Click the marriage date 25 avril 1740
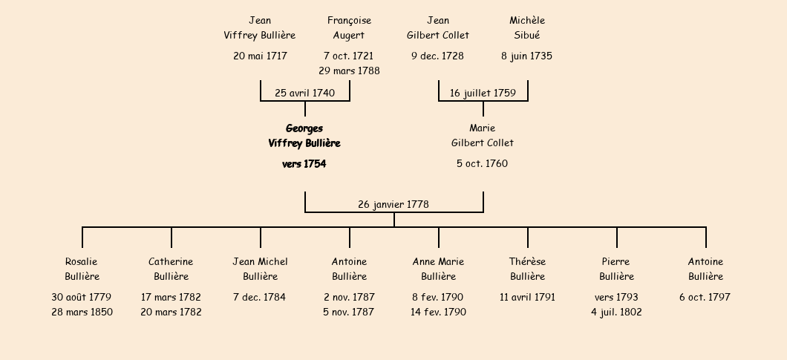point(304,93)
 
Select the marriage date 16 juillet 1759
point(483,93)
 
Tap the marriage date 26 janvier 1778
point(393,204)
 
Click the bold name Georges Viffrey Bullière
point(304,136)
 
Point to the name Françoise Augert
point(349,27)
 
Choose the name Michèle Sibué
point(527,27)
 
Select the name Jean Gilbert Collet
point(438,27)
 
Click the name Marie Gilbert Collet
point(483,135)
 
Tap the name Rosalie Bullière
point(82,269)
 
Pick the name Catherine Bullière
point(171,269)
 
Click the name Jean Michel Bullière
point(260,269)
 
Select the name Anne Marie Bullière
point(438,269)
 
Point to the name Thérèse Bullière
point(527,269)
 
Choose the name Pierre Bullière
point(616,269)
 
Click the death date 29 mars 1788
point(349,71)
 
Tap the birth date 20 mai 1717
point(260,56)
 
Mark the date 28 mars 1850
point(82,312)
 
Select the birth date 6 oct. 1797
point(705,297)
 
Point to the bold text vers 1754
point(304,164)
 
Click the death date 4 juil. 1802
point(616,312)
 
